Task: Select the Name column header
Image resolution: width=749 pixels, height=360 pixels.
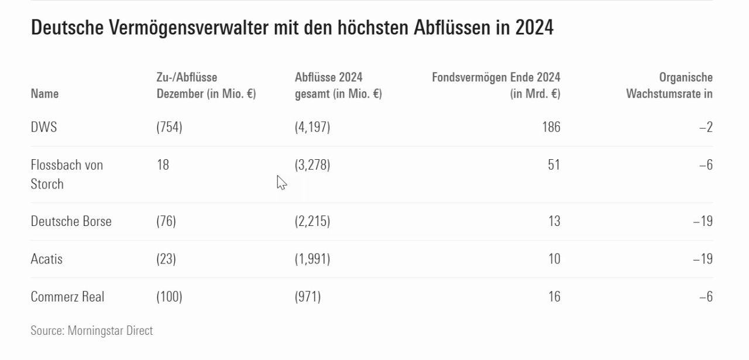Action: coord(44,94)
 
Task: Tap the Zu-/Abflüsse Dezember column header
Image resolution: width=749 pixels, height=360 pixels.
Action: coord(206,85)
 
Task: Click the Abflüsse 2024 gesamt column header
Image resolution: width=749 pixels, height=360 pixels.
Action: coord(338,85)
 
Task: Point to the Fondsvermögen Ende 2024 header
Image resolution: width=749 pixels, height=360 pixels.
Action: coord(496,85)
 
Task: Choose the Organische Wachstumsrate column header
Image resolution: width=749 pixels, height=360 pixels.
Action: coord(669,85)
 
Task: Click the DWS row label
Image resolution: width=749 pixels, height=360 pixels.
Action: coord(44,127)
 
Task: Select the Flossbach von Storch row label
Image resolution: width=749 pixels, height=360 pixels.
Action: coord(67,174)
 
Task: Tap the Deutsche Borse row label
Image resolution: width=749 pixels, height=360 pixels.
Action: coord(71,221)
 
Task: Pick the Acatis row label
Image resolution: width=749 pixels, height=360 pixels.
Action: coord(46,259)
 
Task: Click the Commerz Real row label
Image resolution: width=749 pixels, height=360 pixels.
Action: coord(67,297)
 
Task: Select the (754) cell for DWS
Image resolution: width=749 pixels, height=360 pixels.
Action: coord(169,127)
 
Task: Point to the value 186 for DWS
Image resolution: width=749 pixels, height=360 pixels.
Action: coord(551,127)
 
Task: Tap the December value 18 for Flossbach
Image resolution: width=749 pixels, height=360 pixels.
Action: coord(163,165)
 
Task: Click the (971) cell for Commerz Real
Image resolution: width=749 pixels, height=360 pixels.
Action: coord(308,297)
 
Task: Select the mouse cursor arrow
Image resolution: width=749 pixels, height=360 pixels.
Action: coord(281,183)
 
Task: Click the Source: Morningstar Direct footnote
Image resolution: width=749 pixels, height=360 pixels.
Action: coord(91,331)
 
